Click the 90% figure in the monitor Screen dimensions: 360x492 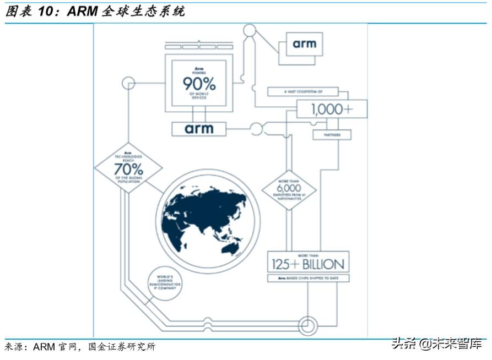(199, 84)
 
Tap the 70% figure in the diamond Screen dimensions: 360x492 (128, 167)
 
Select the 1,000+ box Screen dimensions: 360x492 (332, 110)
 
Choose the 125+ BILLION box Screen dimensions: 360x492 (308, 263)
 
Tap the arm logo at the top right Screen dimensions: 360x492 (304, 43)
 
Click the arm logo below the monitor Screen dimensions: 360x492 (199, 129)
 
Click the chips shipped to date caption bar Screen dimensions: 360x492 (308, 279)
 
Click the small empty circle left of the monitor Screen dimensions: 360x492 (128, 84)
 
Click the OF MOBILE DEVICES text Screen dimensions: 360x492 (199, 96)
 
